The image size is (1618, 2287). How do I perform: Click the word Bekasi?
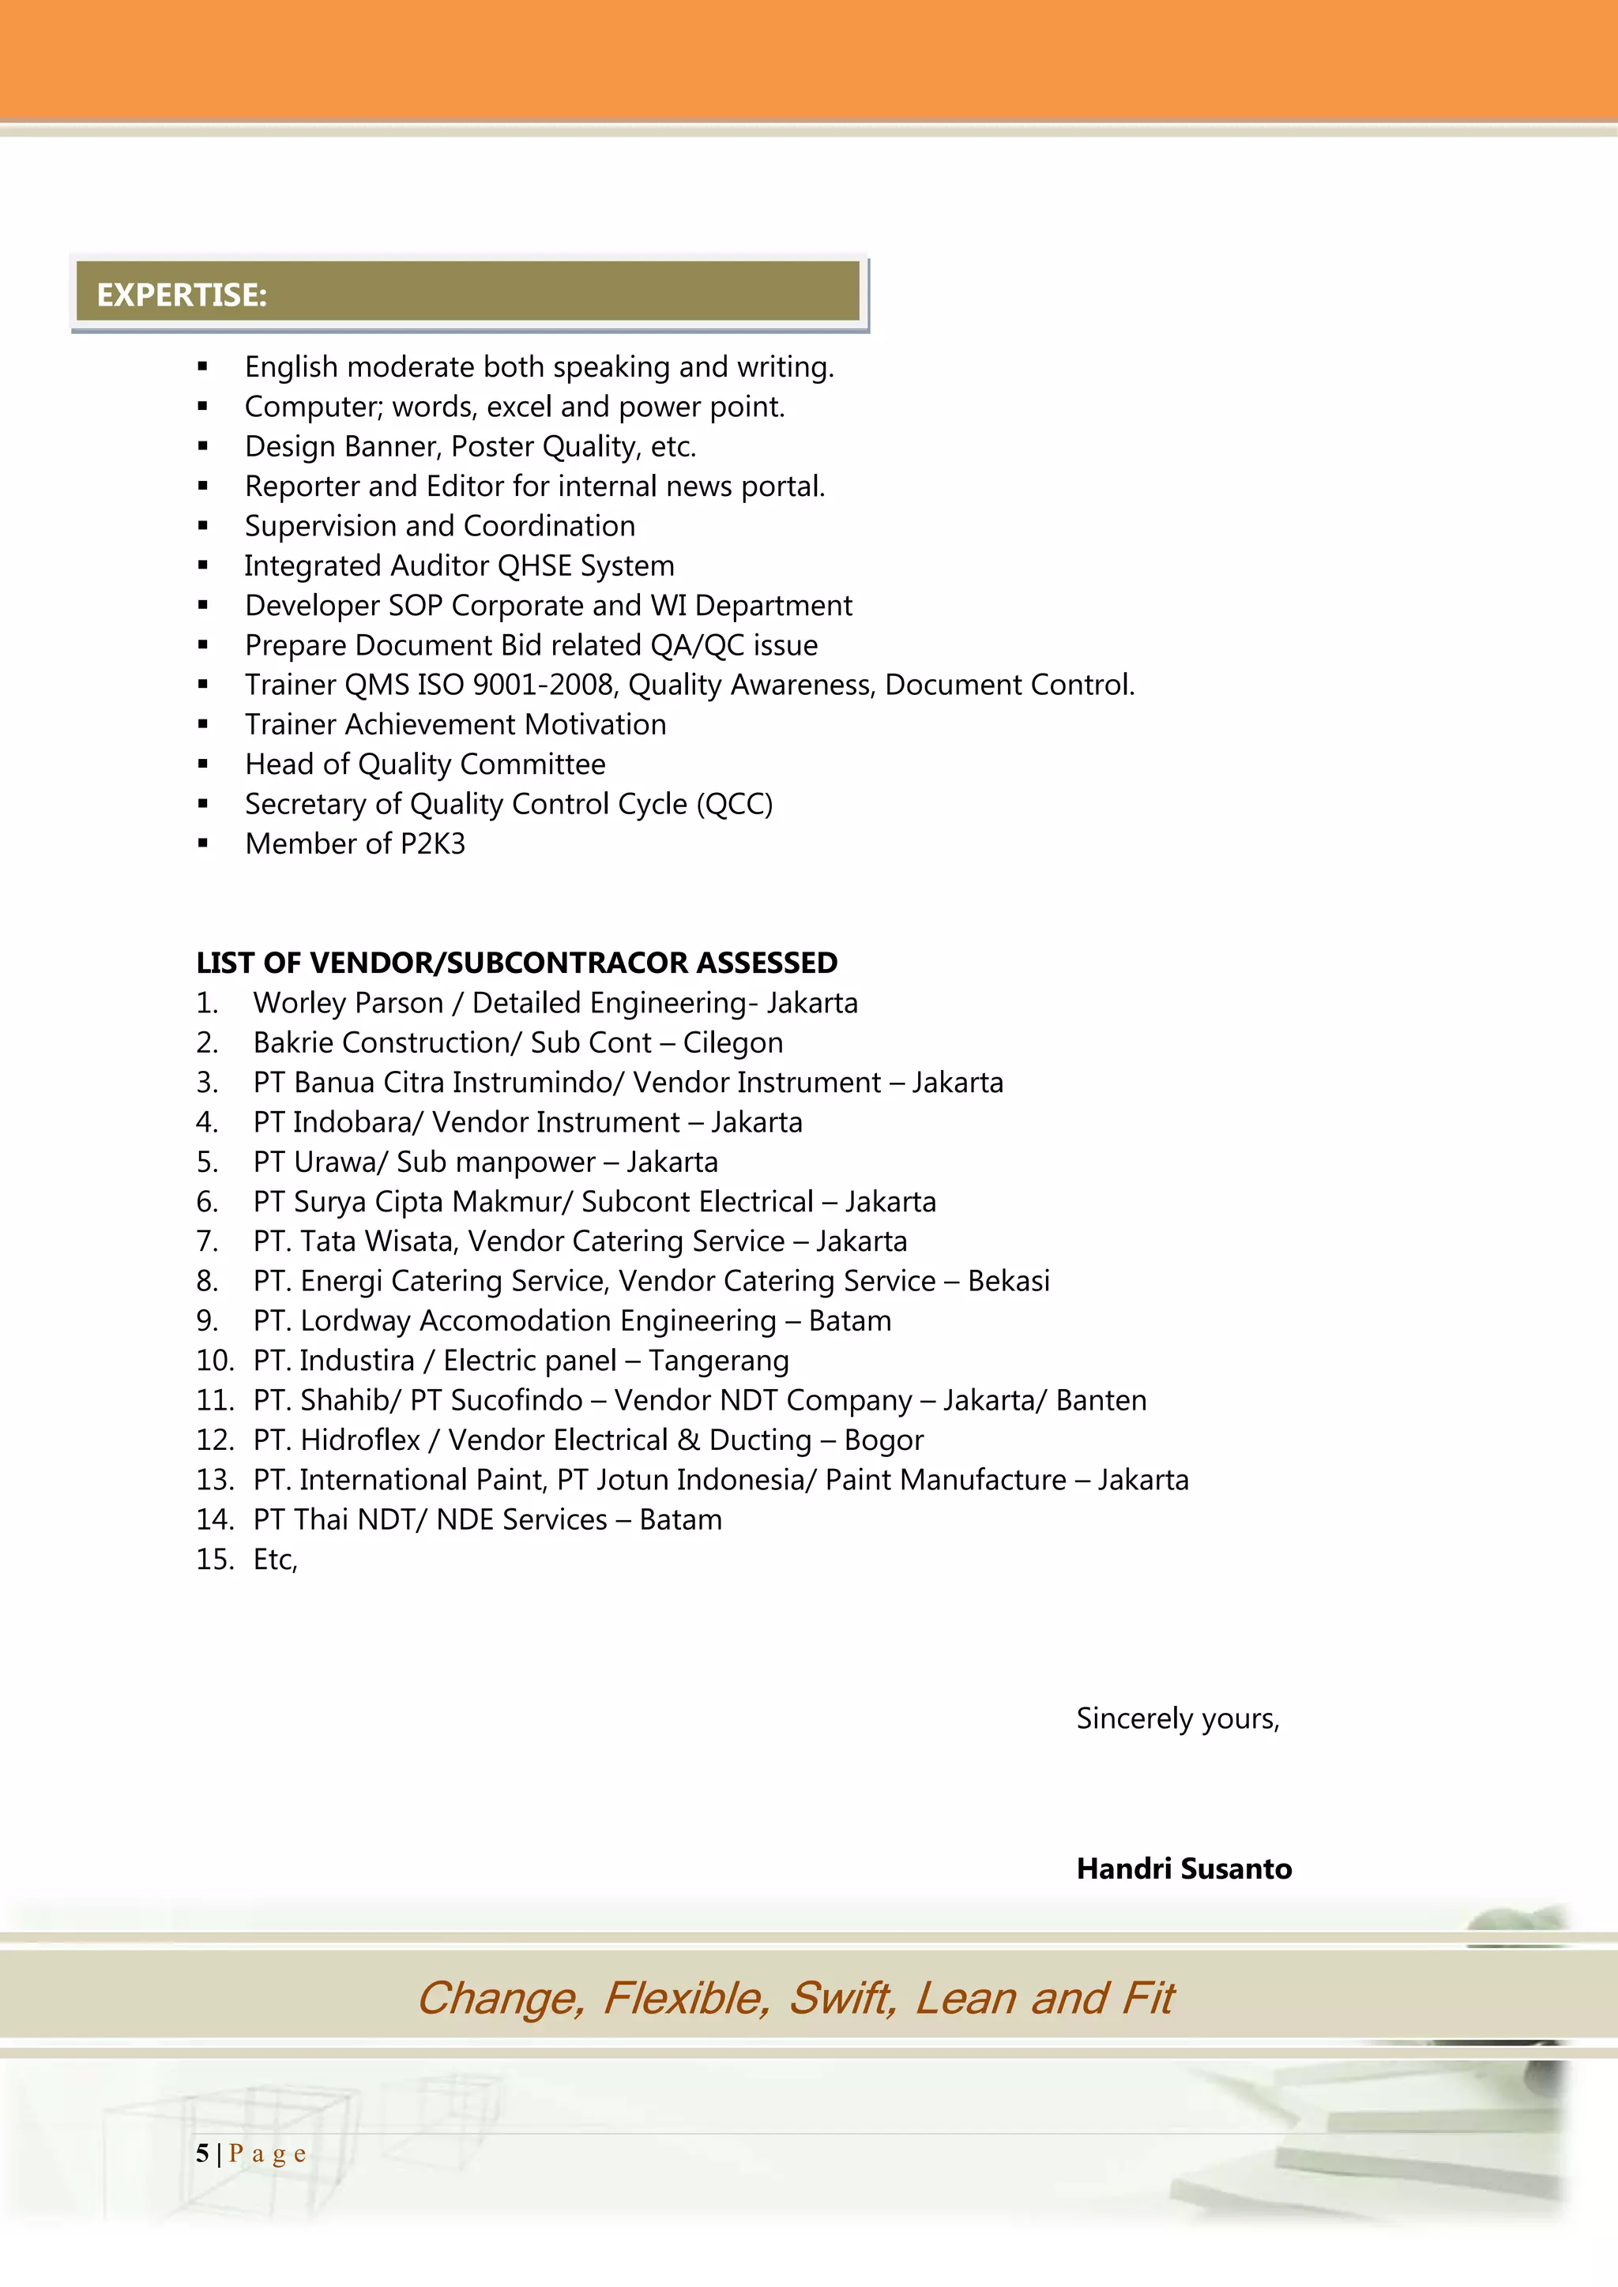point(1008,1281)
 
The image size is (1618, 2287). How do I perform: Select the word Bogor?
point(884,1440)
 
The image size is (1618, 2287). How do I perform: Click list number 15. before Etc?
point(214,1560)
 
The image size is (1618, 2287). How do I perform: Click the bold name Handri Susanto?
point(1183,1868)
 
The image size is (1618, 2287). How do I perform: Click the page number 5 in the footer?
point(202,2154)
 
